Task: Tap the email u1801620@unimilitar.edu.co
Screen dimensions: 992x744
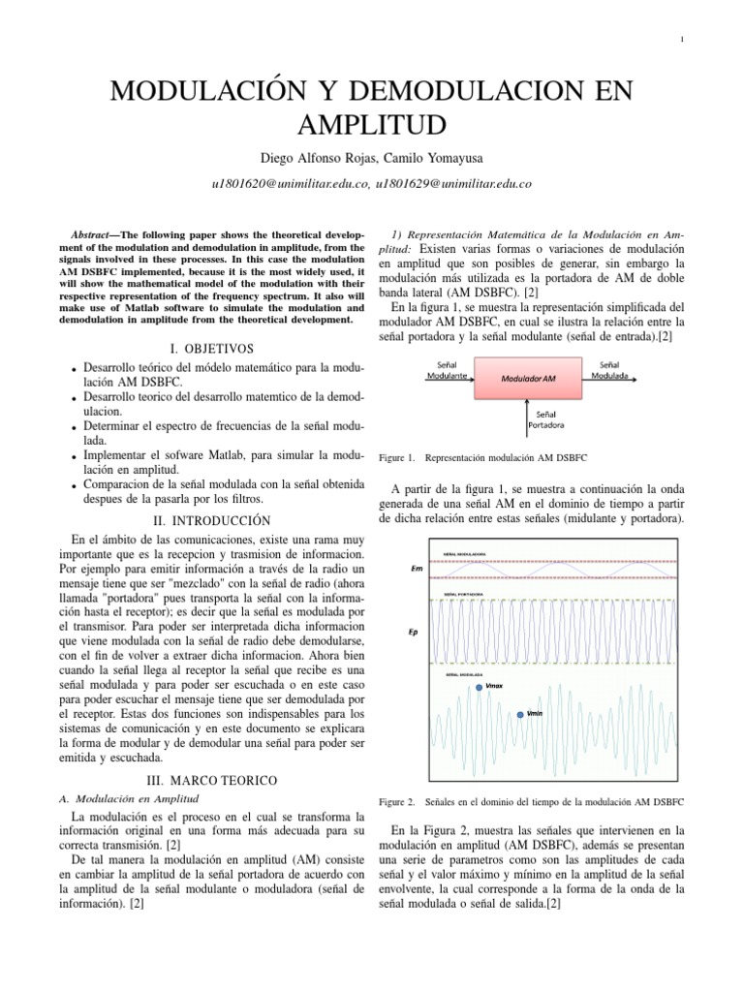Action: pos(290,183)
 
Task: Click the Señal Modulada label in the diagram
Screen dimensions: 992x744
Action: pos(608,368)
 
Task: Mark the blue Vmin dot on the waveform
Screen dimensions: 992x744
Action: pos(520,714)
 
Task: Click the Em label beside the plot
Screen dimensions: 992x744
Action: pos(416,569)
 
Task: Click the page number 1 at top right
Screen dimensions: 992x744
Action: pos(684,39)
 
